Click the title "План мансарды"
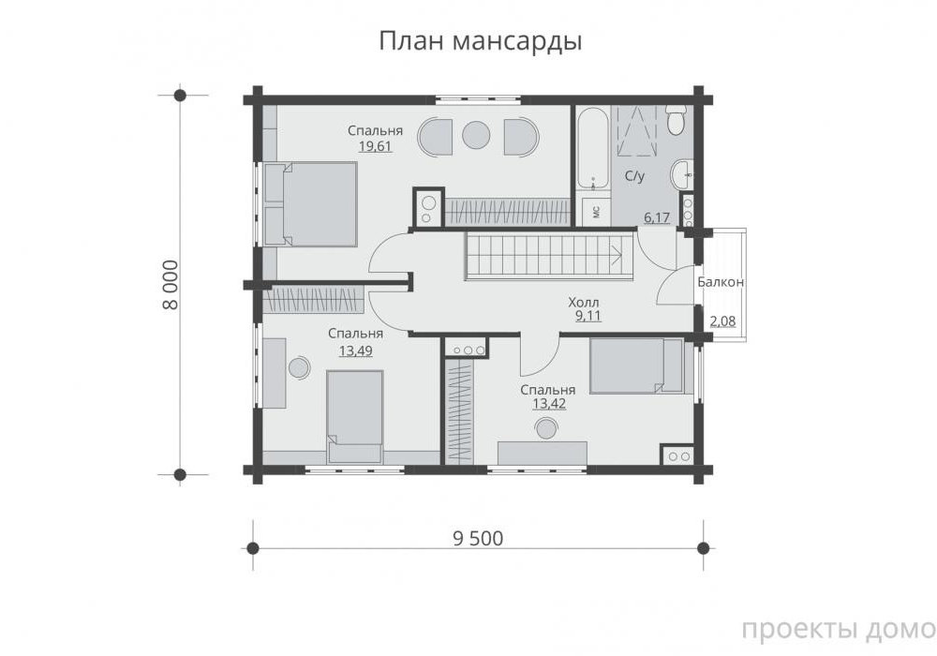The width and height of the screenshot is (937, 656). click(481, 42)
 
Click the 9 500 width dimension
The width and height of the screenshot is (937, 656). click(478, 538)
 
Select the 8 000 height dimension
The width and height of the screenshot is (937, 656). click(170, 284)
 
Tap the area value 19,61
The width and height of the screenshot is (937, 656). click(376, 146)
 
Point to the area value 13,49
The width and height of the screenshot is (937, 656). click(355, 350)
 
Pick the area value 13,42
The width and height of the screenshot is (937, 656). click(549, 404)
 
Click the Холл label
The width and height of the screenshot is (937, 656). click(583, 303)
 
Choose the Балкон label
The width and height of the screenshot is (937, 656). click(721, 282)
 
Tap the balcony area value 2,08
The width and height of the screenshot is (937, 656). click(722, 321)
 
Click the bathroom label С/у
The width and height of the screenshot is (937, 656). click(634, 176)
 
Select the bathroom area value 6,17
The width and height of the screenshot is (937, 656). click(657, 217)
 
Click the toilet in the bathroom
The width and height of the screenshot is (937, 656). click(676, 121)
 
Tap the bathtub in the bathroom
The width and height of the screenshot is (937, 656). click(592, 149)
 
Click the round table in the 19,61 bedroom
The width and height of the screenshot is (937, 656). click(476, 136)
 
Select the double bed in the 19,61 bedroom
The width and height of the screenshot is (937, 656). click(311, 203)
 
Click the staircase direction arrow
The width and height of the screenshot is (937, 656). click(617, 256)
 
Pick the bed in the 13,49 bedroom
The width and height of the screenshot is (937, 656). click(355, 416)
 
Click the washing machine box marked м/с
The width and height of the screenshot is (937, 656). click(596, 212)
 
